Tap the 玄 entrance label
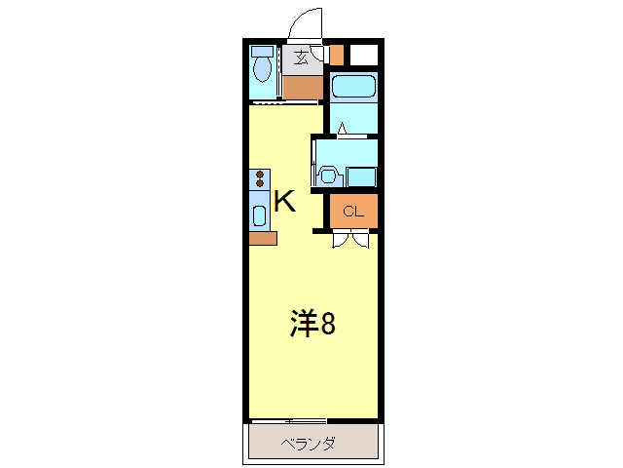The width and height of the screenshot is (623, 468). tap(302, 58)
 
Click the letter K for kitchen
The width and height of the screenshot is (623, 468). tap(284, 202)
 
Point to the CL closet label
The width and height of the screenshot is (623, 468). tap(351, 211)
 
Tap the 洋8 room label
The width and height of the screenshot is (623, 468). tap(312, 324)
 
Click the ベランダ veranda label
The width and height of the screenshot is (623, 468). tap(309, 445)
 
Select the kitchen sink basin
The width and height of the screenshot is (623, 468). tap(260, 215)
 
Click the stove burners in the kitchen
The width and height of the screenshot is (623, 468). tap(260, 179)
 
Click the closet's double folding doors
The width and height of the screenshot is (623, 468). tap(350, 238)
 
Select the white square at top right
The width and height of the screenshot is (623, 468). tap(364, 55)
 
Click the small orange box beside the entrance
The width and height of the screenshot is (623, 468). tap(337, 55)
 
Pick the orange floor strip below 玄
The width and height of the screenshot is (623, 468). tap(303, 86)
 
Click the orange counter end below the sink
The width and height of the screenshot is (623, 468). tap(263, 238)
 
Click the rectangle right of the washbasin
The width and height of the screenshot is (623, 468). tap(362, 176)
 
